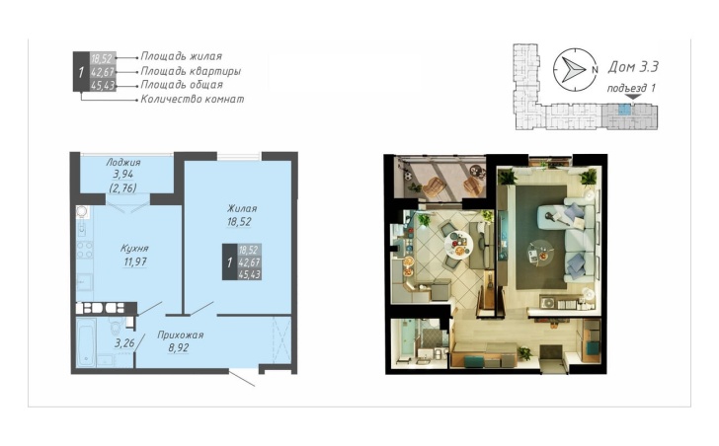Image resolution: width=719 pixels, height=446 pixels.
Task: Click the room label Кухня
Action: coord(134,249)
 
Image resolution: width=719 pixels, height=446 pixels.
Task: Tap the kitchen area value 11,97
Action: coord(135,261)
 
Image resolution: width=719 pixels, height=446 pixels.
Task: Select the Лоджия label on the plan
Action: coord(123,162)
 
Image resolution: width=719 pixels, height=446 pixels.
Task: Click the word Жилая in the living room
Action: coord(242,209)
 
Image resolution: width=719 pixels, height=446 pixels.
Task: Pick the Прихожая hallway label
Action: coord(180,334)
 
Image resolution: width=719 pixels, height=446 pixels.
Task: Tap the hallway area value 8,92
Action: coord(179,348)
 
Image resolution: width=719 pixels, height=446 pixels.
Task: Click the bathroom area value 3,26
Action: coord(124,343)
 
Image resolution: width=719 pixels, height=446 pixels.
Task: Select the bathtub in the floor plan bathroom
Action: coord(86,342)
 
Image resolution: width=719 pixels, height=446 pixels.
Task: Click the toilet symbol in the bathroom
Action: coord(116,327)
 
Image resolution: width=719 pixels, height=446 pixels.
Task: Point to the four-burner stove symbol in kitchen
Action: coord(85,250)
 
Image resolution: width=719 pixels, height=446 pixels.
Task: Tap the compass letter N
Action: coord(595,70)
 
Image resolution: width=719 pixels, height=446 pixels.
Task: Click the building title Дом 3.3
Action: coord(633,67)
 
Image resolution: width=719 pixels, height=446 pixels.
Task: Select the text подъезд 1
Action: coord(631,89)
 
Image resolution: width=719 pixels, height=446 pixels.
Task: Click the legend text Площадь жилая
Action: coord(181,56)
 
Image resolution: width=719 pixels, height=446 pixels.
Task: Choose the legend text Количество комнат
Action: coord(193,99)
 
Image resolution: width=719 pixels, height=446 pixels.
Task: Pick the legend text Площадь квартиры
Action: coord(191,71)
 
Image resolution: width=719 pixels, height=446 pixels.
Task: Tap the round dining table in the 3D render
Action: coord(458,244)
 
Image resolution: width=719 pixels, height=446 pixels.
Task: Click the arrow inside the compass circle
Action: coord(573,70)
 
